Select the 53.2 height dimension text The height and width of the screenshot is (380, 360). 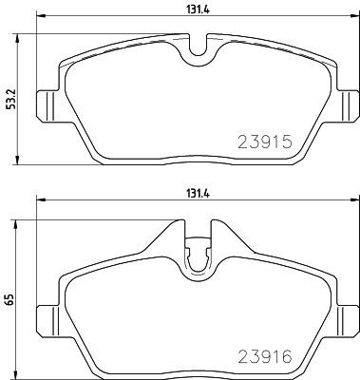[x=9, y=99]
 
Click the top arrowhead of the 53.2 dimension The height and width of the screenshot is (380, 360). [x=22, y=39]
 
